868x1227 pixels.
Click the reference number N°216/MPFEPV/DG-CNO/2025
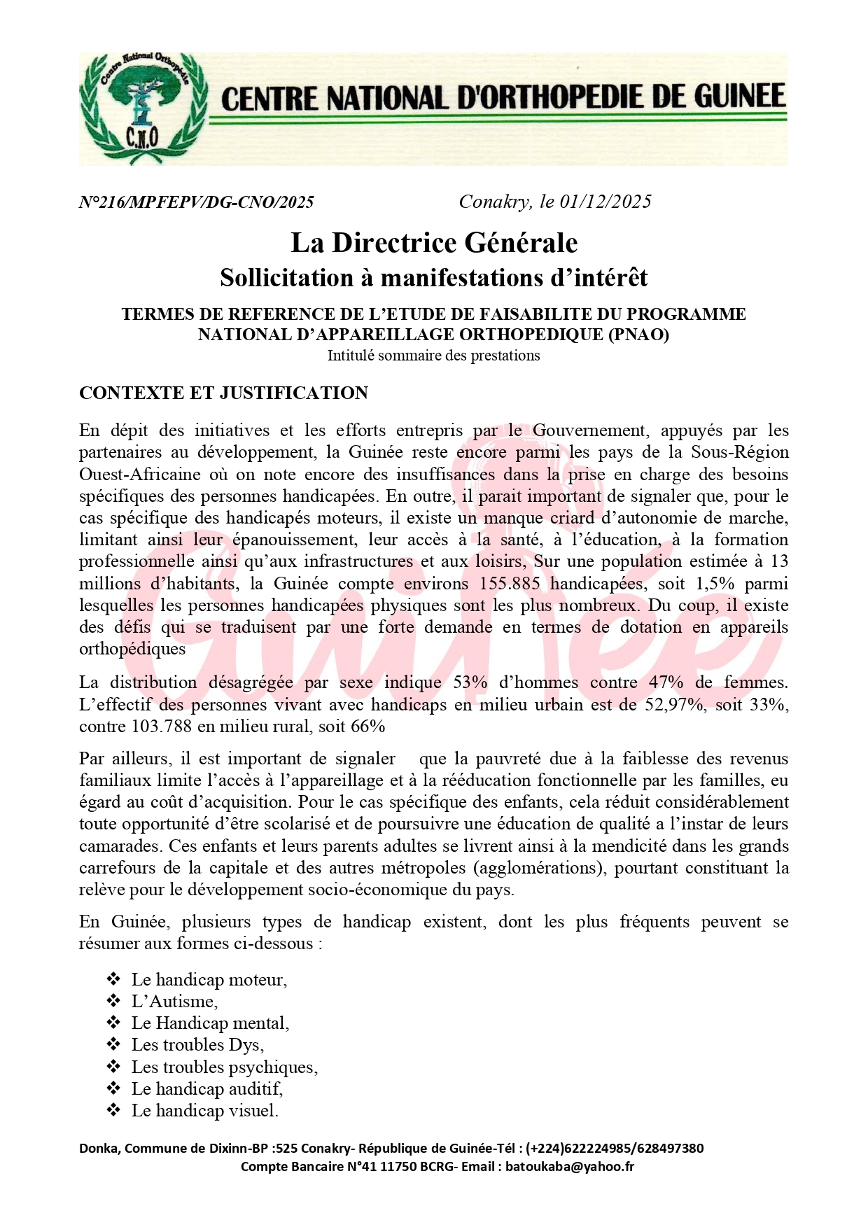click(x=197, y=202)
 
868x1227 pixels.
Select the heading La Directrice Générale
click(x=434, y=243)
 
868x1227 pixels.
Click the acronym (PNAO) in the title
click(x=638, y=335)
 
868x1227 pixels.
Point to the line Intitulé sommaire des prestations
click(x=434, y=356)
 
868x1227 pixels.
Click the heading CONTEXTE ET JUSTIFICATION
click(x=223, y=393)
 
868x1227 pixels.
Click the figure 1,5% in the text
click(x=714, y=584)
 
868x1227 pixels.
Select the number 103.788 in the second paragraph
click(x=161, y=726)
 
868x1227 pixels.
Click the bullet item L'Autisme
click(x=174, y=1002)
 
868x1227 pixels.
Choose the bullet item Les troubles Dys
click(x=197, y=1045)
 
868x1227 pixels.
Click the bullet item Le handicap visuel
click(x=204, y=1110)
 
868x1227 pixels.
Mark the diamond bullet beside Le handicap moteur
click(x=113, y=979)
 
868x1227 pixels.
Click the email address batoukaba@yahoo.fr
click(x=570, y=1166)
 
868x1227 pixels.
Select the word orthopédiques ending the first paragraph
click(x=132, y=649)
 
